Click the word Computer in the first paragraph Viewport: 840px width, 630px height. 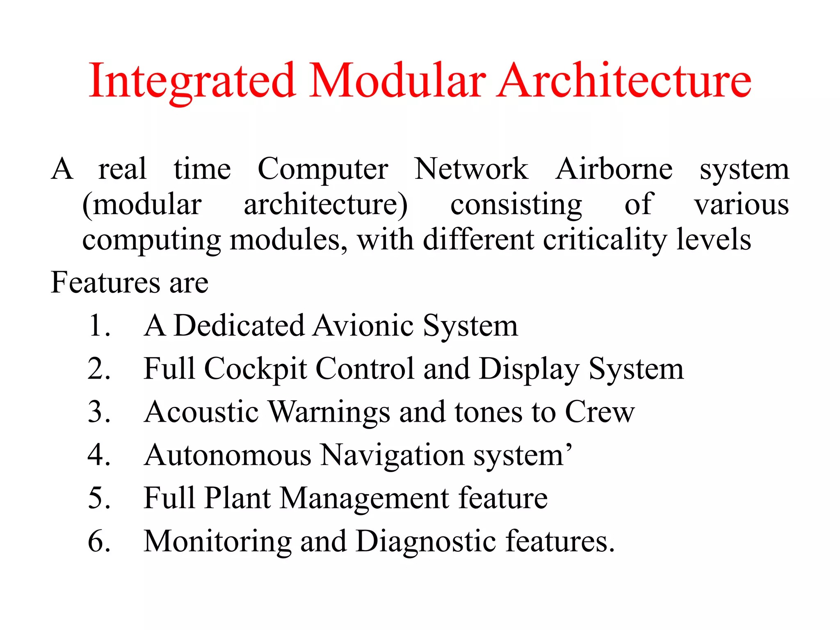[323, 169]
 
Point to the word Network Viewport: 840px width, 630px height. [471, 169]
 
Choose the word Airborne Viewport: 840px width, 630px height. [614, 169]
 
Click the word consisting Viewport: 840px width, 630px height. [516, 205]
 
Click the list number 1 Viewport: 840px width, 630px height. [99, 326]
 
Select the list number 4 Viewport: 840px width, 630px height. [99, 455]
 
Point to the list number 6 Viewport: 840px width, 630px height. [99, 541]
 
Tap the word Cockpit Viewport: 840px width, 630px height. [256, 369]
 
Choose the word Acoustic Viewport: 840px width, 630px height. [201, 412]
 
